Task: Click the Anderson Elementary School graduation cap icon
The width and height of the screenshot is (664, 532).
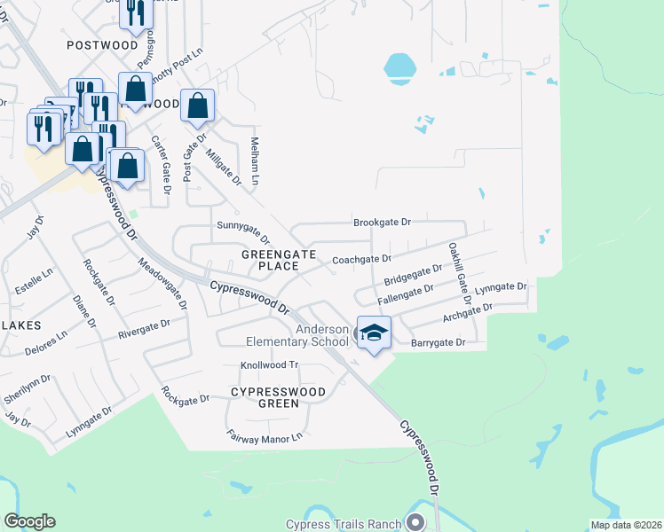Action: pos(374,333)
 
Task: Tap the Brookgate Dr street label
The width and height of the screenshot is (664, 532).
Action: pos(383,223)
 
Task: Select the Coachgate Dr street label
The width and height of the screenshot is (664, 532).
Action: pos(361,260)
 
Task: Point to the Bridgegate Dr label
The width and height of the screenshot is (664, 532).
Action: pos(413,275)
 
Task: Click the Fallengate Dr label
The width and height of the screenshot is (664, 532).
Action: pos(405,294)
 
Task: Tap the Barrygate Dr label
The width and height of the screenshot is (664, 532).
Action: pos(438,342)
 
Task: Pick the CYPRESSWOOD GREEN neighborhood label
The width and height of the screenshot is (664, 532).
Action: pos(278,397)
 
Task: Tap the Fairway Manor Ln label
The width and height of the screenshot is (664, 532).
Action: pos(265,435)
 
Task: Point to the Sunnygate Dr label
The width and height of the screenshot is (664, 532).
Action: pos(243,233)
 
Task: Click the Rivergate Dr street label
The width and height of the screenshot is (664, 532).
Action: pos(144,331)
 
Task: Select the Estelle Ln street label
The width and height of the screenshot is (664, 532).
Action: pos(36,270)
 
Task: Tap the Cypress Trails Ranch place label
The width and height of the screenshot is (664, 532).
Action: pos(344,524)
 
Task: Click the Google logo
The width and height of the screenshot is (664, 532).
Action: pos(29,521)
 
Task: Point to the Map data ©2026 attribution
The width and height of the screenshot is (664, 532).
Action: pos(626,525)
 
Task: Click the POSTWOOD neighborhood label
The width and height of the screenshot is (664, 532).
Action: pos(103,45)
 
